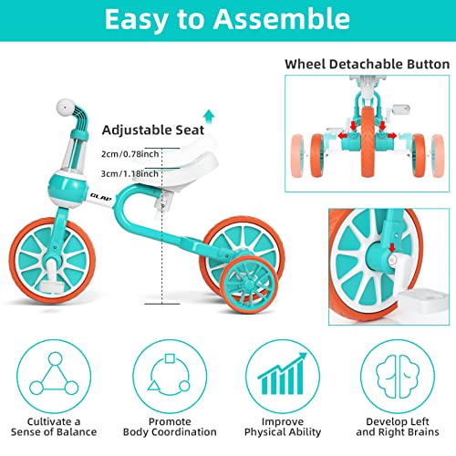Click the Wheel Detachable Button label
coord(367,65)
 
